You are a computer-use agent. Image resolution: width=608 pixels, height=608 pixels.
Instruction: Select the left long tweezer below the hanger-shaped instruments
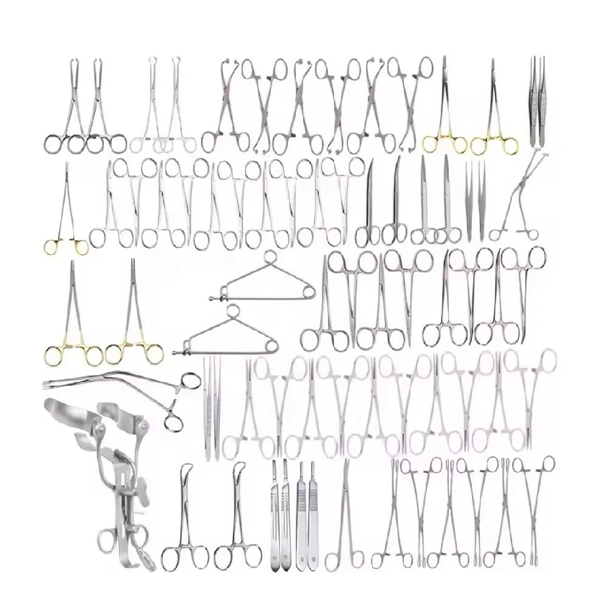[207, 407]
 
